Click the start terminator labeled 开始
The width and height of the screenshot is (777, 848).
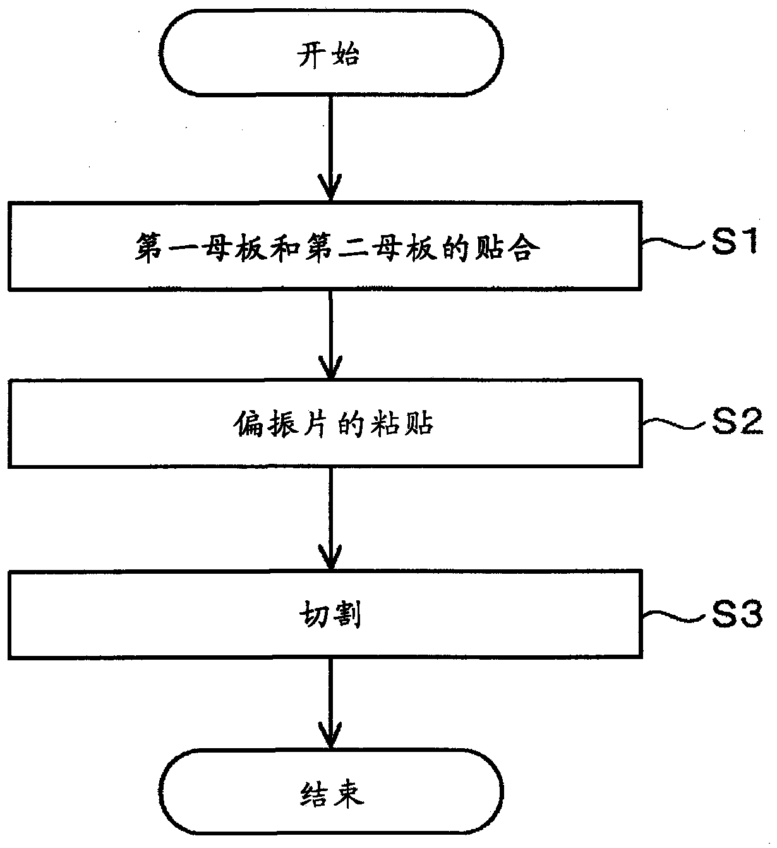click(332, 53)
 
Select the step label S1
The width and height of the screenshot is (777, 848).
click(735, 241)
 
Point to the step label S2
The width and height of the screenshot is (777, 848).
click(737, 421)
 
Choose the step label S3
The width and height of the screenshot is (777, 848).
click(737, 614)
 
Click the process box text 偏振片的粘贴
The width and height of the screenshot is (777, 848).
click(334, 423)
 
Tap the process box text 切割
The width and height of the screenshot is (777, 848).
click(330, 614)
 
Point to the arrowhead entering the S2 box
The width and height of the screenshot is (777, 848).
click(330, 366)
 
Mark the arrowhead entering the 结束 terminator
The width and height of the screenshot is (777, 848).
click(330, 735)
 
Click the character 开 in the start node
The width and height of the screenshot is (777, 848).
click(312, 55)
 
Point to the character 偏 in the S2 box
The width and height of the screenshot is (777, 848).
click(248, 423)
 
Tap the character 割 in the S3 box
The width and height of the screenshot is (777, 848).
click(347, 614)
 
